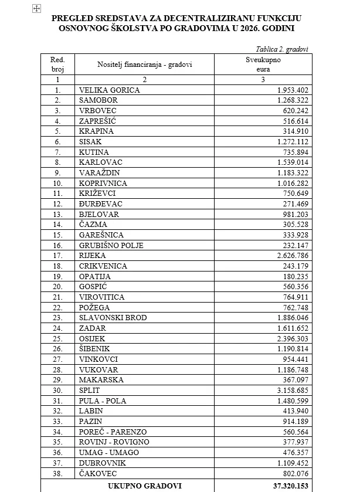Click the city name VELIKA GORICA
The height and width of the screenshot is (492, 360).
pos(110,90)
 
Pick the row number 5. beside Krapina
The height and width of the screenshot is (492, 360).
pos(57,131)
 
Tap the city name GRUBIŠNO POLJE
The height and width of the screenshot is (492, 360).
pos(111,245)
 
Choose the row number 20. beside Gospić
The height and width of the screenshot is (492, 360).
pos(57,287)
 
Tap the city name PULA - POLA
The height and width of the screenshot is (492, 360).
pos(103,401)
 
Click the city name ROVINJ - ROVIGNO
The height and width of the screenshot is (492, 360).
pos(114,442)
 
